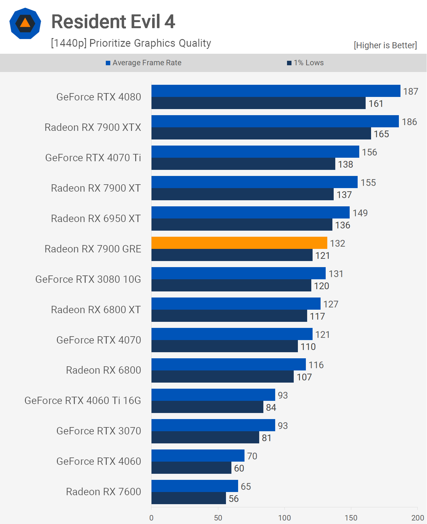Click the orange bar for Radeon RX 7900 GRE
239,243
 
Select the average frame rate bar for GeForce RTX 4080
276,91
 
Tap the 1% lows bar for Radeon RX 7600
189,498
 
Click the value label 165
381,134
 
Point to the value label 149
360,213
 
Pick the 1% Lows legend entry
306,63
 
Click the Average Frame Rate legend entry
144,63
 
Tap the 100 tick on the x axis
284,518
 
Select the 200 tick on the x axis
417,518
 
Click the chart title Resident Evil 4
113,22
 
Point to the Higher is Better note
385,45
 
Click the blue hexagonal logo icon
25,23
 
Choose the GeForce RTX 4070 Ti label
93,158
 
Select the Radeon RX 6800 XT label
96,310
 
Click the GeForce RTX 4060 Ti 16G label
83,401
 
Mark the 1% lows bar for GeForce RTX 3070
205,437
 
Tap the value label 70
252,456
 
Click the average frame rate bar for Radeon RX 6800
229,364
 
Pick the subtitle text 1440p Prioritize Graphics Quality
131,43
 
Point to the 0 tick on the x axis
151,518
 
